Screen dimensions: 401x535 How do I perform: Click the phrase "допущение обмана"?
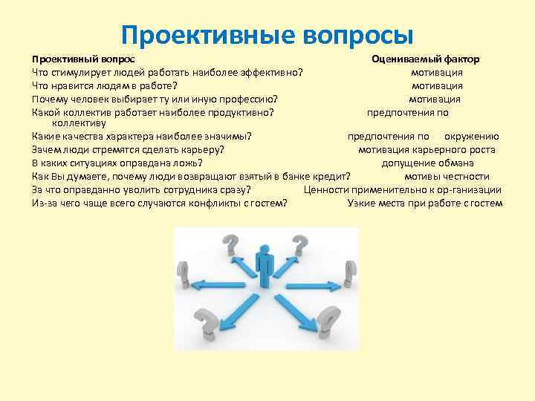[427, 163]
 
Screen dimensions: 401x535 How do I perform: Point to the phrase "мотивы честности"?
[447, 176]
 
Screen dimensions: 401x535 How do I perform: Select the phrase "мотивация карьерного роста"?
[427, 150]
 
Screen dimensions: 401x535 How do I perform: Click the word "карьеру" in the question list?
[204, 150]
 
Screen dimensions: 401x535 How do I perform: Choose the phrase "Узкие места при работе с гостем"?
[425, 203]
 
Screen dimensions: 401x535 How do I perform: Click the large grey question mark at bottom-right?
[327, 322]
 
